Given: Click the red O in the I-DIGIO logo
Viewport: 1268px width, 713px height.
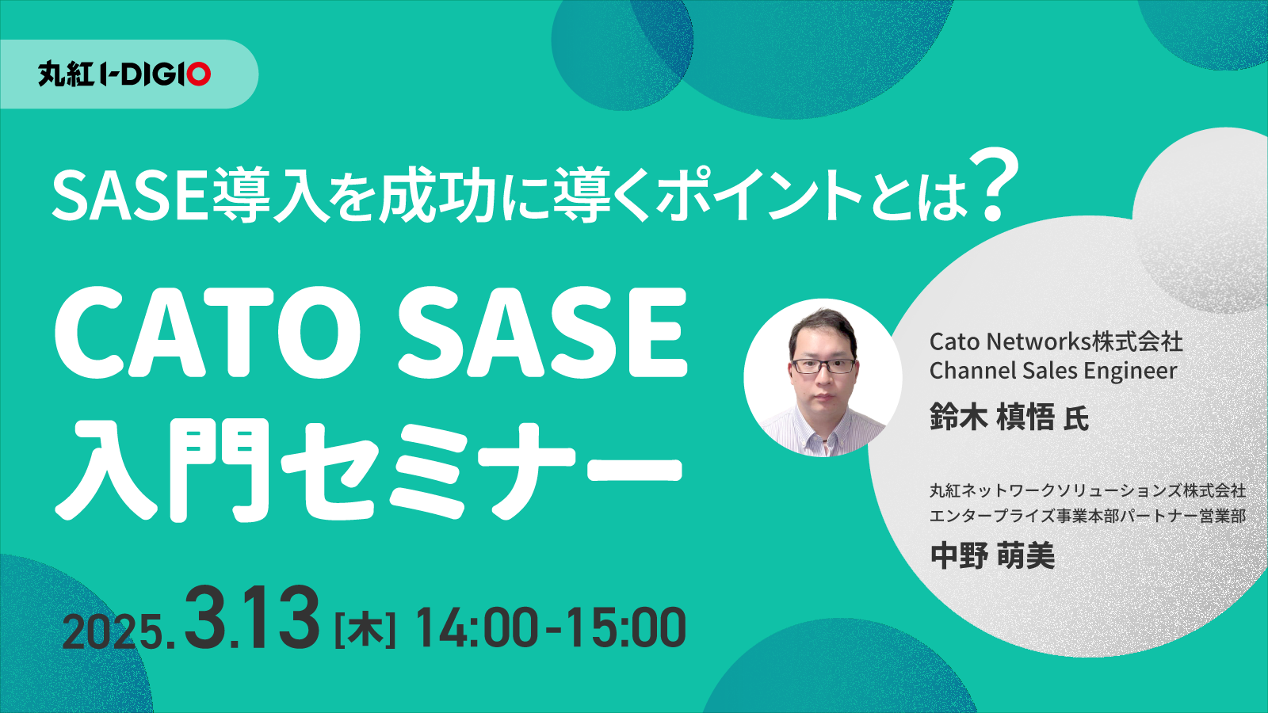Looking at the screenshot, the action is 199,74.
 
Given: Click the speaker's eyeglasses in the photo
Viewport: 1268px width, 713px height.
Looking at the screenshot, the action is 823,365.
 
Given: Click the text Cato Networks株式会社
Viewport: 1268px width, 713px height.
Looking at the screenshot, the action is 1056,341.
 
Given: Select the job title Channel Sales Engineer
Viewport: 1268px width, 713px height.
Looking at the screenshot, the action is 1053,372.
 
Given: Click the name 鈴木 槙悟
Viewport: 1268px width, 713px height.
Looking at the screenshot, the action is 991,417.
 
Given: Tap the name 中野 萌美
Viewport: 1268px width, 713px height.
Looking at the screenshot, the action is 992,555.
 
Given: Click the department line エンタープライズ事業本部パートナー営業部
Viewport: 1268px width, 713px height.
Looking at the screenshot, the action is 1087,516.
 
